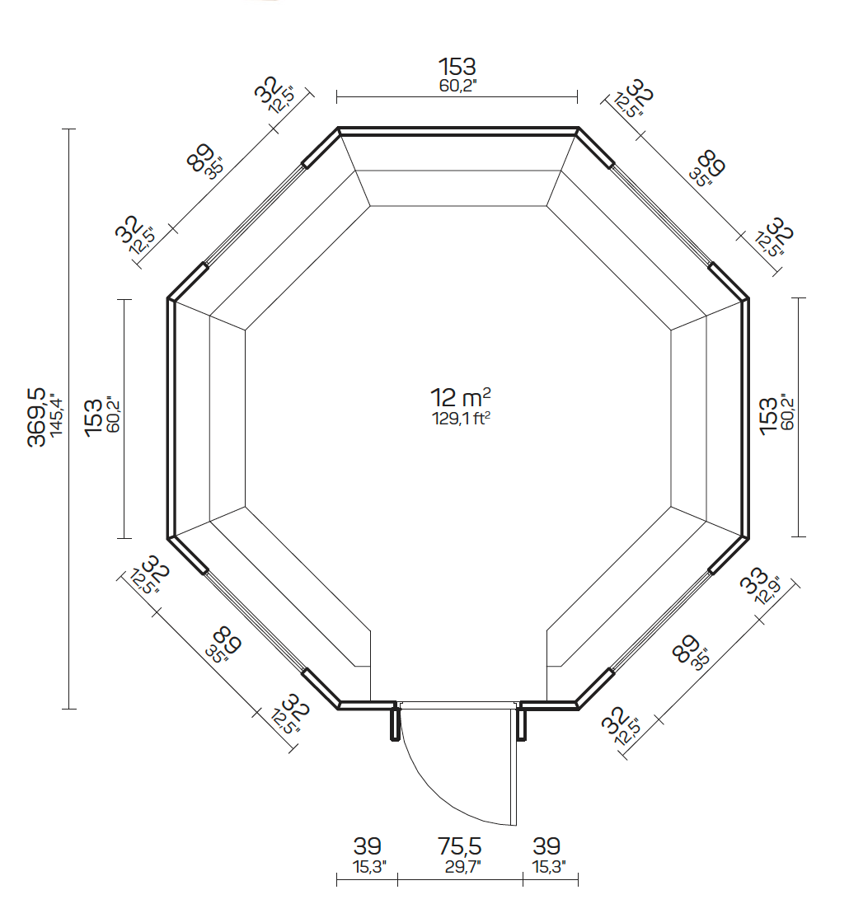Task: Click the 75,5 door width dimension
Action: click(x=459, y=846)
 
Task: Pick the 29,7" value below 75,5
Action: click(x=459, y=866)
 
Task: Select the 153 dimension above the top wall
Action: click(x=457, y=67)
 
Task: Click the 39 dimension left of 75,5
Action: click(x=367, y=846)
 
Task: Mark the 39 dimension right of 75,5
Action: click(x=546, y=846)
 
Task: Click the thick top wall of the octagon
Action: click(x=457, y=130)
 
